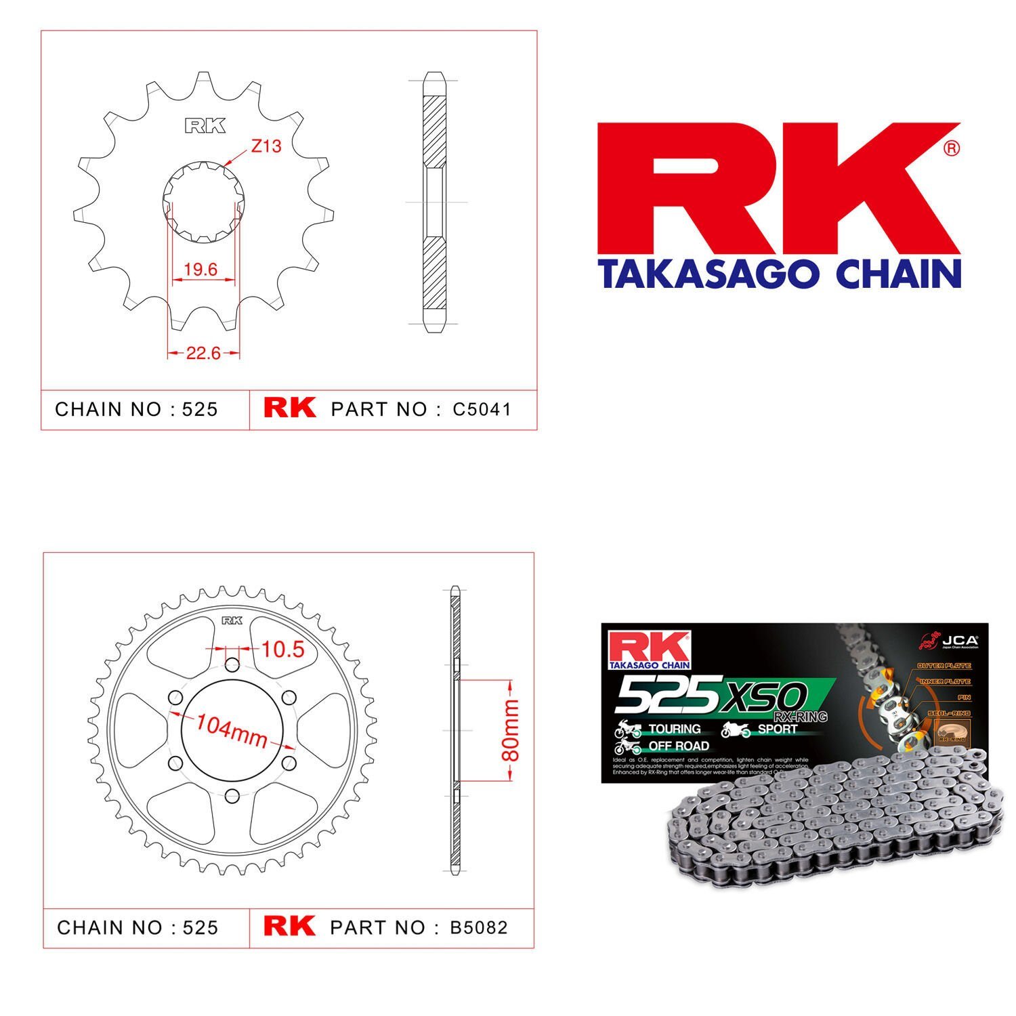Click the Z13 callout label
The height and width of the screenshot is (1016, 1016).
point(266,146)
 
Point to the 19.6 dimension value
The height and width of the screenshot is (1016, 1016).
point(200,270)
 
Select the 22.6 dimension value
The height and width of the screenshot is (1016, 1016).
point(203,353)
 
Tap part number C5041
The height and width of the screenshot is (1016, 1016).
point(482,409)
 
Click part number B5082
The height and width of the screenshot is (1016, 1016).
point(479,927)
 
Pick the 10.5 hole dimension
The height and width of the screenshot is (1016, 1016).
point(283,650)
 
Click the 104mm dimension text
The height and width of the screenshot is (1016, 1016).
point(231,731)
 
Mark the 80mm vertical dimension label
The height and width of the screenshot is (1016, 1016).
point(512,731)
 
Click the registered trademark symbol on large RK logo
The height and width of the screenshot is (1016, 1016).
point(951,148)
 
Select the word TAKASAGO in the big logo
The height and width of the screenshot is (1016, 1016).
point(708,274)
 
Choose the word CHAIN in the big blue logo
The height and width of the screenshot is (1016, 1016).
point(898,274)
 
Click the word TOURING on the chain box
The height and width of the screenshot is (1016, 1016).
point(675,729)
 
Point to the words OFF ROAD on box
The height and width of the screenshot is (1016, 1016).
point(679,746)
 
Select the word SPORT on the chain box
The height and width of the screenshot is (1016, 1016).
point(777,729)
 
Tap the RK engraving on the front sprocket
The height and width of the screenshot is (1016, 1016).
point(205,126)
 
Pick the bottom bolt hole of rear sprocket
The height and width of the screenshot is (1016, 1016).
point(232,795)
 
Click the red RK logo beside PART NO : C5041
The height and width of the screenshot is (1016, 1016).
point(289,407)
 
